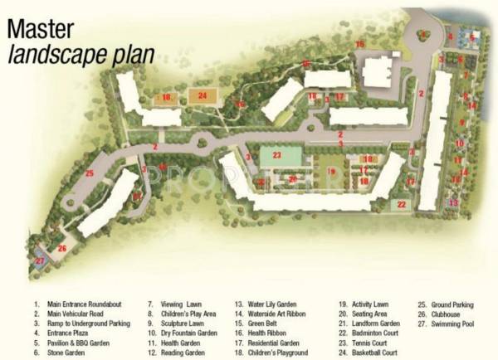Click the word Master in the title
coord(41,29)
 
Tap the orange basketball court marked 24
coord(203,96)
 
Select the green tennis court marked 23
coord(276,155)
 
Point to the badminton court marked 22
coord(401,204)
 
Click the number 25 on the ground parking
coord(89,173)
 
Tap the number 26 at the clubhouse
coord(61,247)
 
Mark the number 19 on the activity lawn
coord(330,172)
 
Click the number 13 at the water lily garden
coord(453,202)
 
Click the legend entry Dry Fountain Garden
coord(188,333)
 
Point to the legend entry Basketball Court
coord(376,353)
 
